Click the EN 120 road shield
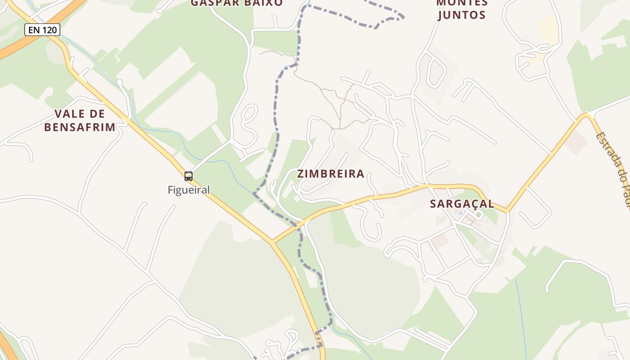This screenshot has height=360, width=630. coord(42,30)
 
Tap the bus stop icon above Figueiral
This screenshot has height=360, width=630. coord(189,176)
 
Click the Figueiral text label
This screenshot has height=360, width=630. coord(189,190)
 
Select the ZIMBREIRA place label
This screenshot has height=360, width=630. coord(331,174)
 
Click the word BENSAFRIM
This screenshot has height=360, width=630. coord(80,127)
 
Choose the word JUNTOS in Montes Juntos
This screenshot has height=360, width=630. coord(461,15)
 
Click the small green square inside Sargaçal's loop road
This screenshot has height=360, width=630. coord(477,215)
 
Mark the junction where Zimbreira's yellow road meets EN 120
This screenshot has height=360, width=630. coord(272,243)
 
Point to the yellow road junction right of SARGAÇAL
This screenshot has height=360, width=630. coord(508,210)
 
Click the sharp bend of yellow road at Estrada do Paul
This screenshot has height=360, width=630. coord(586,115)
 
